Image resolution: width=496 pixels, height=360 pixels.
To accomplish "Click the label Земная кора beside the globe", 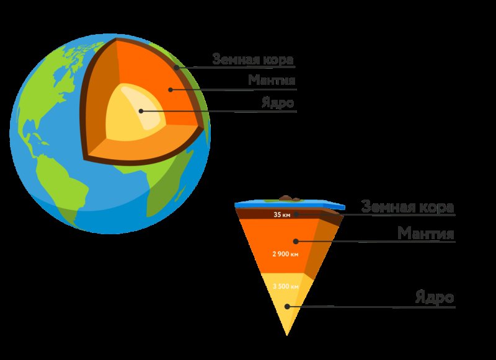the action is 253,59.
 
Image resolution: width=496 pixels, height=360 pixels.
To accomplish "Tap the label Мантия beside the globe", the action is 272,81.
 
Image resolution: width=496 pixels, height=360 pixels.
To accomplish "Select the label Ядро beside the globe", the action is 278,103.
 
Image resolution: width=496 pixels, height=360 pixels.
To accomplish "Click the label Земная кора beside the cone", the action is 408,207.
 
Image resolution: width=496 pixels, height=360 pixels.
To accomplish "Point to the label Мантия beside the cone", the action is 426,233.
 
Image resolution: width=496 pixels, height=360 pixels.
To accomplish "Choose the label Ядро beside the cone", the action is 435,297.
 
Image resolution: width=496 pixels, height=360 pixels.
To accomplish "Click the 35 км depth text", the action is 282,214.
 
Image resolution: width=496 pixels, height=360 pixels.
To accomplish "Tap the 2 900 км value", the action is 285,254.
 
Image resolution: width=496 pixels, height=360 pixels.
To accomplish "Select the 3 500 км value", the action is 286,286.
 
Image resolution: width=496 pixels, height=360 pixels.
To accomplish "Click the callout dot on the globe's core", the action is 141,111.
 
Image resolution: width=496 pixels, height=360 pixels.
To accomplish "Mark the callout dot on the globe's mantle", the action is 170,90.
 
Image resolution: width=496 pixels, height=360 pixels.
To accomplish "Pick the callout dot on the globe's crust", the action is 177,68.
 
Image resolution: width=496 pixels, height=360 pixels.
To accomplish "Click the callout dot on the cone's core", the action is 287,306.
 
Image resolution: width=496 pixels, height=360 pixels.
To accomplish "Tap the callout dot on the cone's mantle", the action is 296,242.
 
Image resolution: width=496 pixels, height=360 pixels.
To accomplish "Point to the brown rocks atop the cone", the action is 288,198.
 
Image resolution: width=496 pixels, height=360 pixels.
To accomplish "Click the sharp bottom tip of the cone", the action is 287,335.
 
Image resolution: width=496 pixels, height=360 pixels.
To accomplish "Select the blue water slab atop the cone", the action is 290,205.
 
